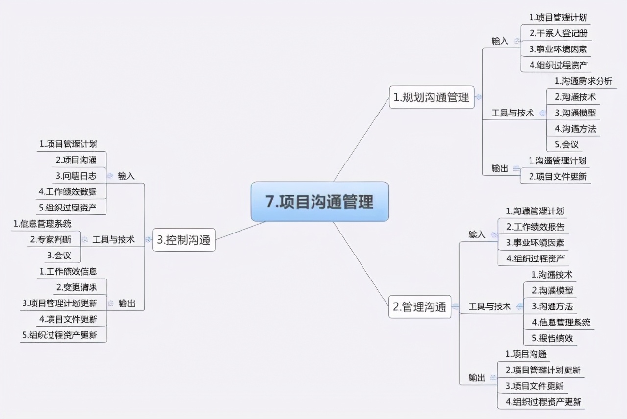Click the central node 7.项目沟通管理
click(319, 202)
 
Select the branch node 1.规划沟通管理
click(432, 97)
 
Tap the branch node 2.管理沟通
click(420, 307)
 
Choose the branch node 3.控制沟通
click(184, 240)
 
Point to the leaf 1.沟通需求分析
click(583, 81)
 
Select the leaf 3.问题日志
click(76, 176)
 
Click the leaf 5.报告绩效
click(552, 338)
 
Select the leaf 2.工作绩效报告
click(535, 227)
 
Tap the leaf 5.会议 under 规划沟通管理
click(567, 144)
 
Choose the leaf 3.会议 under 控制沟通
click(59, 255)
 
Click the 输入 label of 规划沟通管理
click(500, 41)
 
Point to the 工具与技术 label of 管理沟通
click(489, 306)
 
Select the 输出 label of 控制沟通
click(127, 303)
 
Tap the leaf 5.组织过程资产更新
click(60, 335)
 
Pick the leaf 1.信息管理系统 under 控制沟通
click(42, 224)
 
